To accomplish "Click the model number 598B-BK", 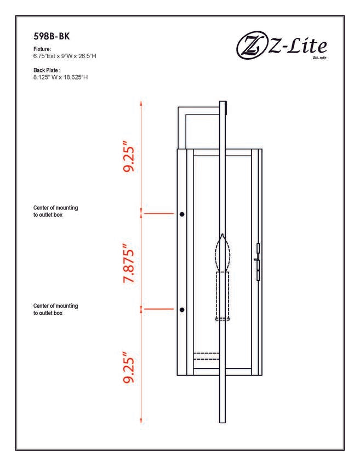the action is pyautogui.click(x=52, y=36).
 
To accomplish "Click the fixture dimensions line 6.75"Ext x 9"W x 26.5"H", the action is pyautogui.click(x=65, y=56).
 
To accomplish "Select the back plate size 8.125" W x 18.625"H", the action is pyautogui.click(x=60, y=77).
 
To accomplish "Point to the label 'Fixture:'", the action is pyautogui.click(x=42, y=49).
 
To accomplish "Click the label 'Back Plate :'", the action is pyautogui.click(x=47, y=70).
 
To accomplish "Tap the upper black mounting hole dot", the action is pyautogui.click(x=182, y=214).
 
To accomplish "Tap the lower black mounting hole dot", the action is pyautogui.click(x=182, y=310).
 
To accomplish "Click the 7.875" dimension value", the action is pyautogui.click(x=129, y=264).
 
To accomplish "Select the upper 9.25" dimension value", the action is pyautogui.click(x=129, y=159).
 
